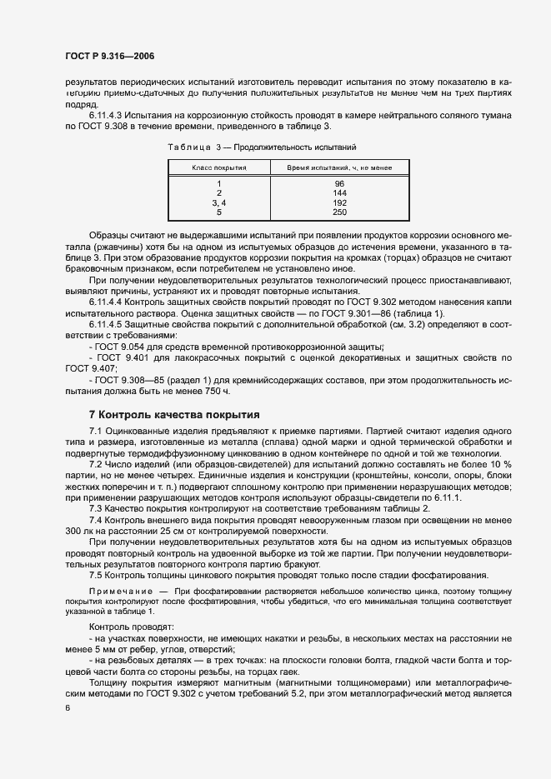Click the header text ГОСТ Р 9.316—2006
click(109, 57)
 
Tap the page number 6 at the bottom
click(66, 708)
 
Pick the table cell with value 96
click(339, 183)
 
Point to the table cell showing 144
click(339, 192)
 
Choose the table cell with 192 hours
click(339, 202)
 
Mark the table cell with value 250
click(339, 212)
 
